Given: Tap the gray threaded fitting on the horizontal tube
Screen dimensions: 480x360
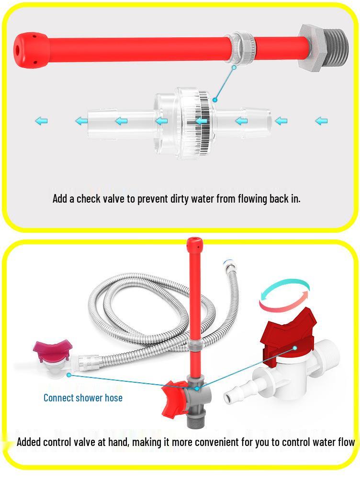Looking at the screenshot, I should click(x=315, y=49).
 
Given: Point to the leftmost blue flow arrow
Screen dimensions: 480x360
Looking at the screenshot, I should click(x=41, y=121).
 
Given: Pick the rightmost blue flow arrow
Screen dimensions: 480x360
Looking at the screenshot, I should click(x=321, y=121).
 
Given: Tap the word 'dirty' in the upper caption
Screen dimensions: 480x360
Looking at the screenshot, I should click(x=181, y=198).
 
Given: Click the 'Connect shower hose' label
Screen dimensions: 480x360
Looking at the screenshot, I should click(x=83, y=398).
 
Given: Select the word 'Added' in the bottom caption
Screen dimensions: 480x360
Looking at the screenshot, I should click(x=29, y=442).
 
